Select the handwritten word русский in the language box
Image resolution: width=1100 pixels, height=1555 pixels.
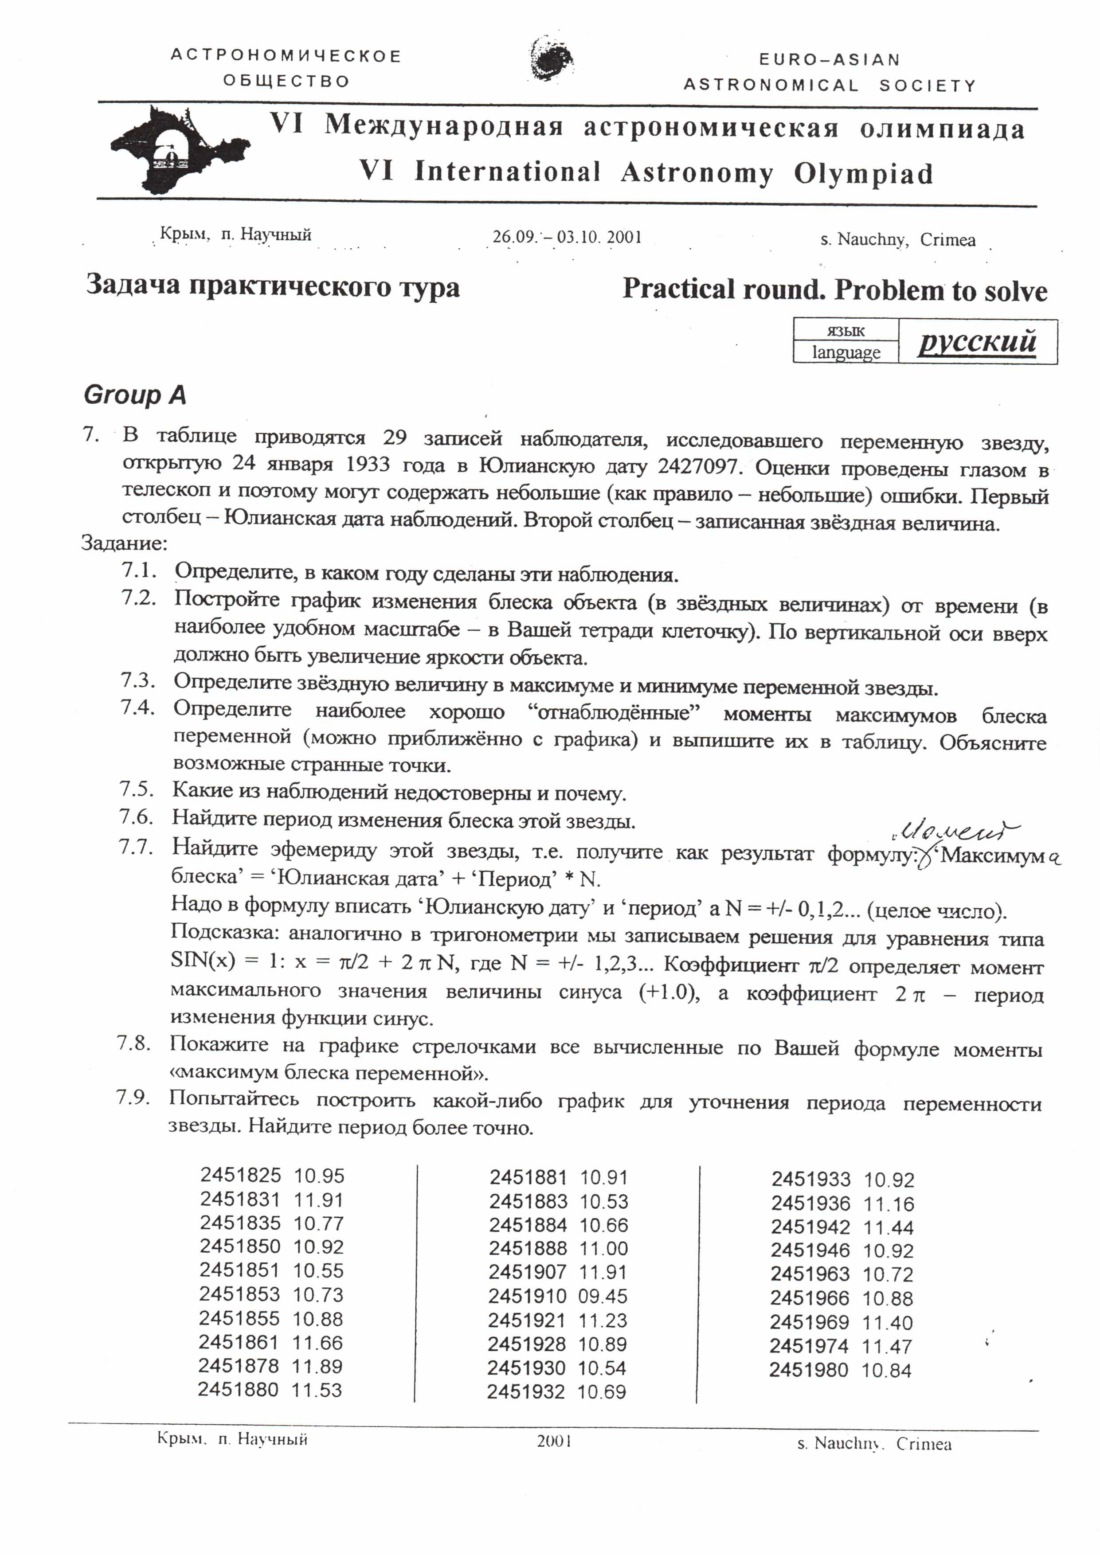pyautogui.click(x=977, y=341)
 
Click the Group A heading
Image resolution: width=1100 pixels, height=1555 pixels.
pyautogui.click(x=135, y=395)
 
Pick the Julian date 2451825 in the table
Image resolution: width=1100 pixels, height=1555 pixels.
pyautogui.click(x=240, y=1175)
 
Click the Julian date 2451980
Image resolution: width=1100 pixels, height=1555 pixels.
pyautogui.click(x=809, y=1370)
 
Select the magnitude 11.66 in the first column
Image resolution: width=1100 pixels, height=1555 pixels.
pyautogui.click(x=317, y=1342)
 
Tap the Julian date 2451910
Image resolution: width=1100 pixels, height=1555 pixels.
pyautogui.click(x=527, y=1296)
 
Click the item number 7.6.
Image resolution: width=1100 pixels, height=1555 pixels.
pyautogui.click(x=136, y=817)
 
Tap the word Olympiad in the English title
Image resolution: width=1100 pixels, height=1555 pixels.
pyautogui.click(x=864, y=174)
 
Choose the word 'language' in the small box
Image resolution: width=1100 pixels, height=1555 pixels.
pyautogui.click(x=846, y=352)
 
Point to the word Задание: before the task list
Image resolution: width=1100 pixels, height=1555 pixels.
pyautogui.click(x=124, y=543)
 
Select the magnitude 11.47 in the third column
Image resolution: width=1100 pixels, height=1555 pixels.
pyautogui.click(x=887, y=1346)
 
